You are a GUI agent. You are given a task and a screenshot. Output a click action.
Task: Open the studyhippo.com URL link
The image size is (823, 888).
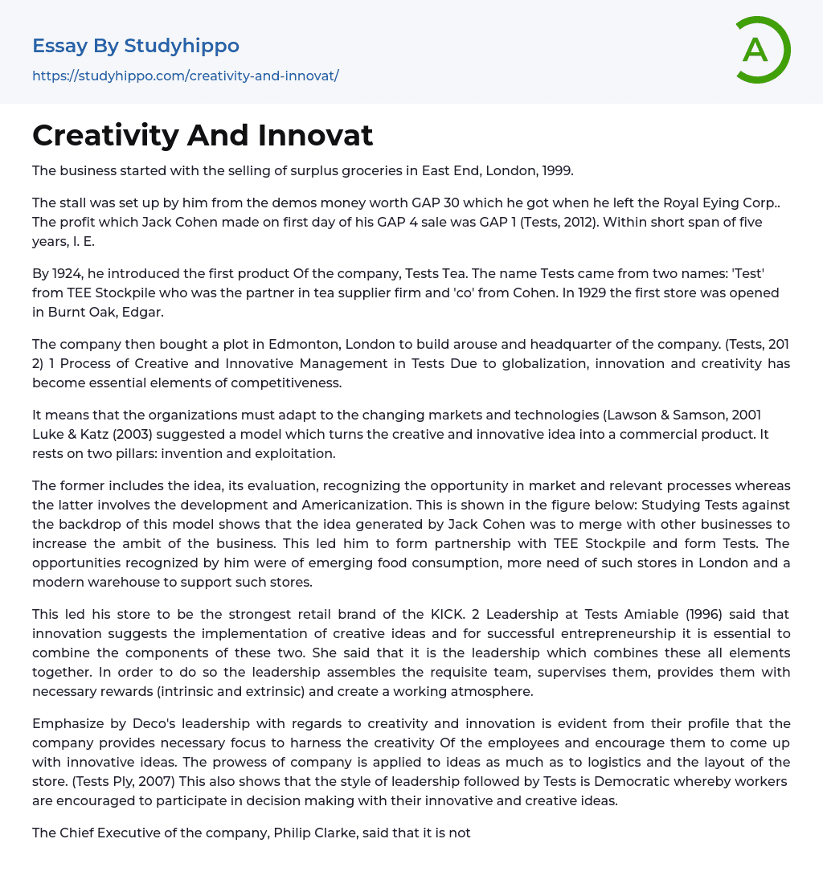(x=186, y=76)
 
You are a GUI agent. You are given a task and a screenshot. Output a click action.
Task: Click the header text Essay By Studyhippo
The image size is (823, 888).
(x=136, y=46)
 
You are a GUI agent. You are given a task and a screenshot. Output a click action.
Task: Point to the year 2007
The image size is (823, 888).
(x=160, y=781)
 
